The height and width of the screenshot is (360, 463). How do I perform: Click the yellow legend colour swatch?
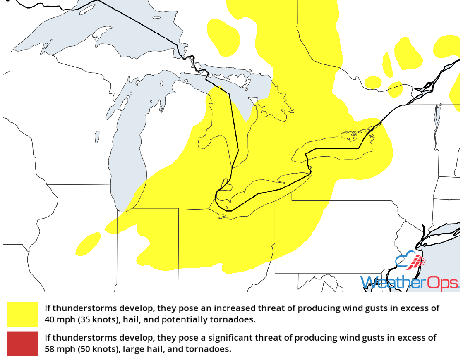[22, 314]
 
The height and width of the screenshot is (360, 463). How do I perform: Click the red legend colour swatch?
[22, 344]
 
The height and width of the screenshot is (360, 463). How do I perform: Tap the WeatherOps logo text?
[410, 283]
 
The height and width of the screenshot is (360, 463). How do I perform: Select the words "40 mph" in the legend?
[60, 319]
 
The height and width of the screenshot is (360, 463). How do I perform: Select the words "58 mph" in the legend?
[60, 349]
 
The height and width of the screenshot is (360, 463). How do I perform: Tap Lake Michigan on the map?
[128, 165]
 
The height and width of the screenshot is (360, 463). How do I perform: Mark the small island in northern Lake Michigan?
[97, 136]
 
